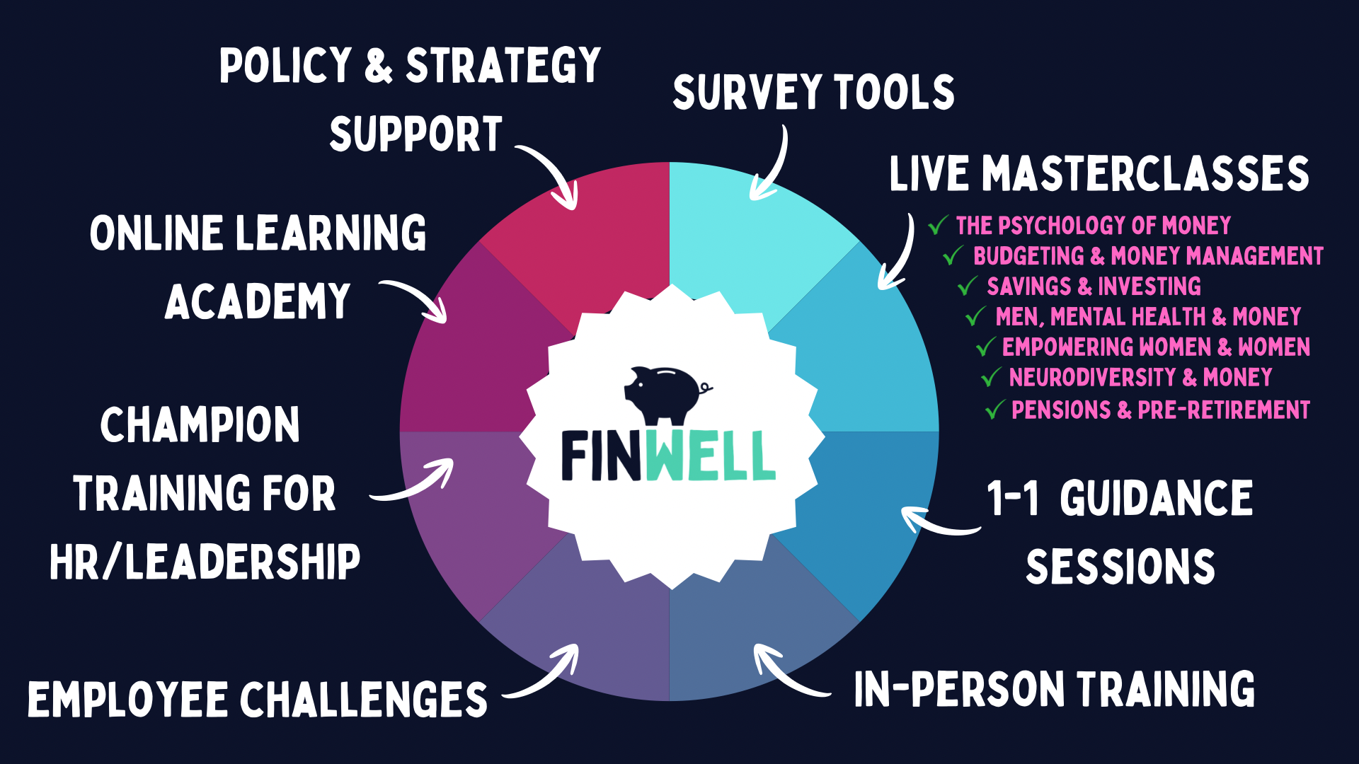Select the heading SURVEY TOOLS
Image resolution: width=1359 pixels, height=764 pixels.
[813, 93]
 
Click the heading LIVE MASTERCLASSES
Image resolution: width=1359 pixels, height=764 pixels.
[1099, 174]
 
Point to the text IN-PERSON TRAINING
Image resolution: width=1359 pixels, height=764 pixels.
[1054, 689]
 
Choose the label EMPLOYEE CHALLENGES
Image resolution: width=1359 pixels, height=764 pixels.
[258, 700]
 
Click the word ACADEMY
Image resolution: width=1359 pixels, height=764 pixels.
[258, 302]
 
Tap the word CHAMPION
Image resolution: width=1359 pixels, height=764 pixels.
[200, 425]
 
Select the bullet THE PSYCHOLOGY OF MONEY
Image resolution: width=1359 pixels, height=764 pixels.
[1093, 226]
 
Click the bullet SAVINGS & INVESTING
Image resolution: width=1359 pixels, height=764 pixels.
[1094, 286]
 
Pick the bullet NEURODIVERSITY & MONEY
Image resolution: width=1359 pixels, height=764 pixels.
[1140, 378]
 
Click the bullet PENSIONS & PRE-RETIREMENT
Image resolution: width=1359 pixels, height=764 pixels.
[1160, 410]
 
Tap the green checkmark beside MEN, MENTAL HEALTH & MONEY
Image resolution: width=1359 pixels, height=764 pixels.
[975, 316]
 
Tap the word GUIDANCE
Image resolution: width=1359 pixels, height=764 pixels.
[1156, 499]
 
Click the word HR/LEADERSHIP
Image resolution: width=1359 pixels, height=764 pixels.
[205, 563]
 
